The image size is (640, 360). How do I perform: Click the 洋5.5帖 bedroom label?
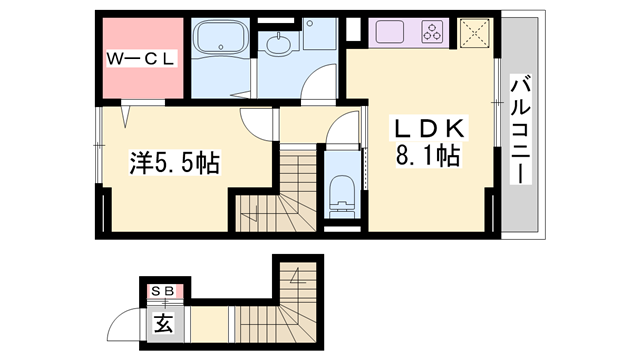coord(176,162)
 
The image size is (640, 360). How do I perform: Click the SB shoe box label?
coord(163,291)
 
